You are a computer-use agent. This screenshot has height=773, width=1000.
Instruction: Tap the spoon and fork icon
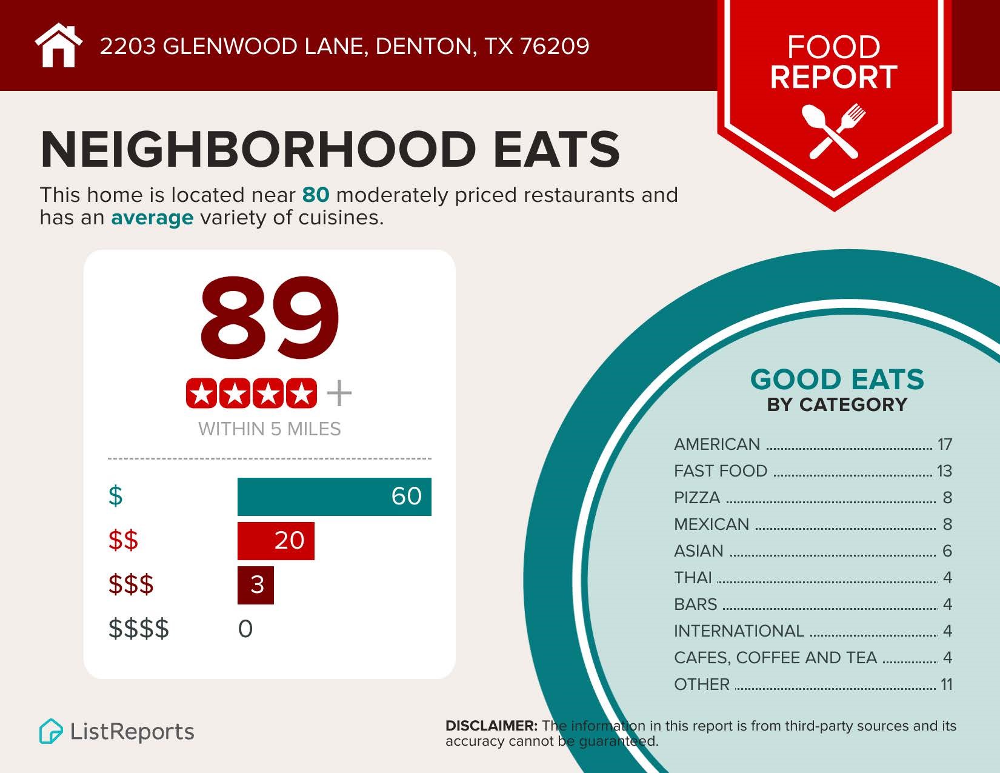(834, 130)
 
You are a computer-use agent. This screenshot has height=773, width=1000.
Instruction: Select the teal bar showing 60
(334, 497)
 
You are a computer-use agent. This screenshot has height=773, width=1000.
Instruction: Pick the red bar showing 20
(276, 541)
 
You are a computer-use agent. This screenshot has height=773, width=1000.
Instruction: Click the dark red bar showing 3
(256, 585)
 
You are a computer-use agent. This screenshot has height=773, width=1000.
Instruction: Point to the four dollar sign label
(139, 629)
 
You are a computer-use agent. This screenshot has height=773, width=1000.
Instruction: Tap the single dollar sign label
(115, 496)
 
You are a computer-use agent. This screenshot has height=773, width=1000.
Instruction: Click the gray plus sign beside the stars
(339, 393)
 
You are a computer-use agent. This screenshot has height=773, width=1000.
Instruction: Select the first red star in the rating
(202, 394)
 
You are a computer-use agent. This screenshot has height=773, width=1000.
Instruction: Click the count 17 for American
(945, 444)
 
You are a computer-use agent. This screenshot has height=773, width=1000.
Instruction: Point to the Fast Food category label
(721, 471)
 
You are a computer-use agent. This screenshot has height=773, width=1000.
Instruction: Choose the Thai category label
(693, 578)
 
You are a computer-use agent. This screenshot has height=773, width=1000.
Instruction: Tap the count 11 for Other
(946, 684)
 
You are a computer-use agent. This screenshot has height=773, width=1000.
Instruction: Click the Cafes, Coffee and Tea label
(775, 658)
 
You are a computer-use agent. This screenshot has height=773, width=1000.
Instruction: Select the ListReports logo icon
(51, 731)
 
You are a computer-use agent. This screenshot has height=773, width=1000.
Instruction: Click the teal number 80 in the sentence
(316, 195)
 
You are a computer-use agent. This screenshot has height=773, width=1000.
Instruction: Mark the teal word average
(152, 217)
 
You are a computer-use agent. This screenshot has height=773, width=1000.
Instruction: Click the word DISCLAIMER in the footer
(492, 726)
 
